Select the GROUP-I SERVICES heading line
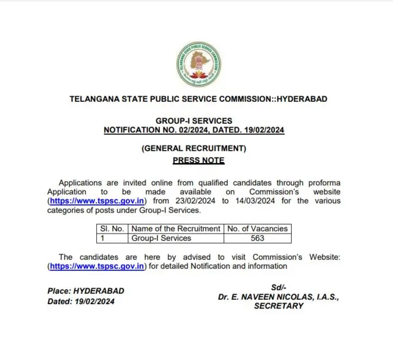point(193,121)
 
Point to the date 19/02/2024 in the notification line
point(262,130)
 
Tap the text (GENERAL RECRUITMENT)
point(193,148)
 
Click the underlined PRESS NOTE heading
point(198,161)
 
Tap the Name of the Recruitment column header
point(175,229)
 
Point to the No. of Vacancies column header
point(257,229)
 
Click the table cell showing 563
point(257,238)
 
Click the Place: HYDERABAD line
point(85,291)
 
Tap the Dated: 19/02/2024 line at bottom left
point(80,301)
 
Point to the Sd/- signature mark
point(278,288)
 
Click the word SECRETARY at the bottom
point(278,305)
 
